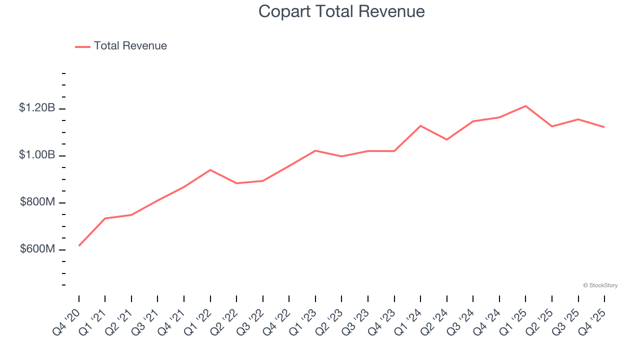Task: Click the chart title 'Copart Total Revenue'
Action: [341, 11]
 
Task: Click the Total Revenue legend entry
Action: [121, 46]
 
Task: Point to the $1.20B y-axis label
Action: [37, 107]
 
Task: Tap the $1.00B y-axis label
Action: [37, 155]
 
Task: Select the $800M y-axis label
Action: [37, 202]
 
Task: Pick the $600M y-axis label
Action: [37, 249]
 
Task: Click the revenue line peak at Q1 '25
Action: [525, 106]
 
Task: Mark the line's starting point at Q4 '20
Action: [79, 245]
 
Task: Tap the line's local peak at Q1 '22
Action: [210, 170]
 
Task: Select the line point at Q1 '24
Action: [420, 125]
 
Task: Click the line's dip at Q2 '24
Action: [446, 139]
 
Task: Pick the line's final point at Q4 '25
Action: [604, 127]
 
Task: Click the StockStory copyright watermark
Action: [600, 285]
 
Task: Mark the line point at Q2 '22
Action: [236, 183]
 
